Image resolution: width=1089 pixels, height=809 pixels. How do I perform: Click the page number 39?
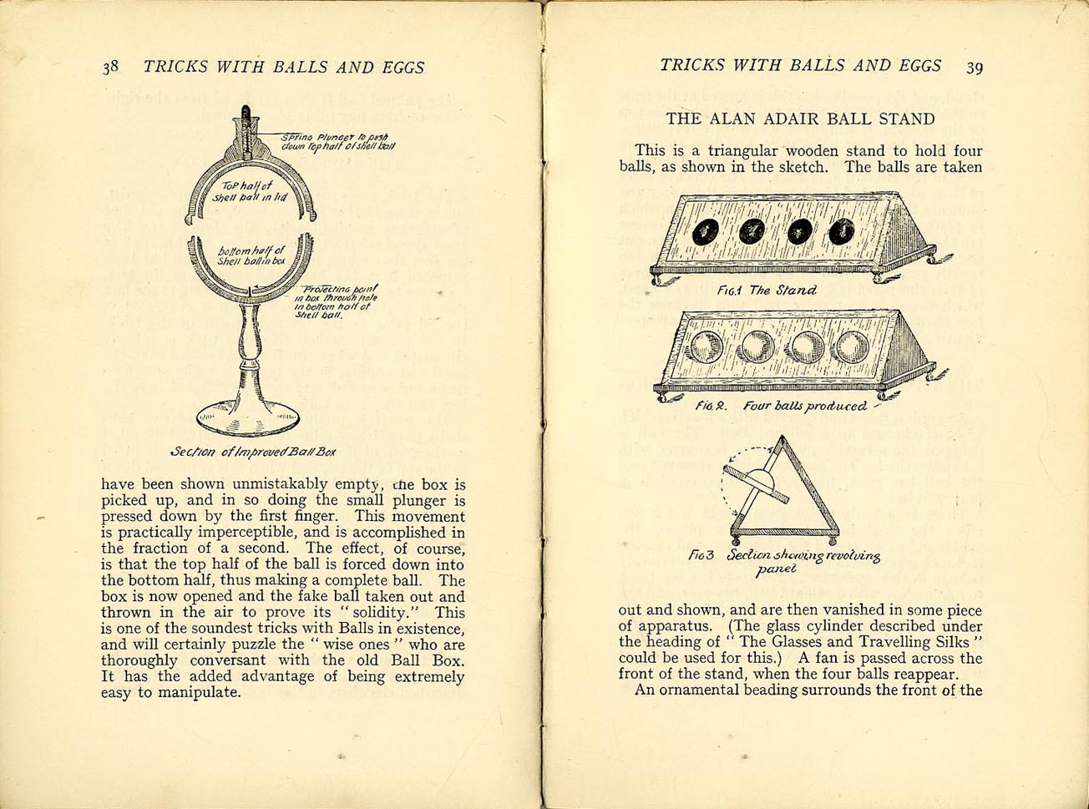pyautogui.click(x=974, y=68)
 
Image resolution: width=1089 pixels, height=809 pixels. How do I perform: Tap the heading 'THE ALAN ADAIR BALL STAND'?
pyautogui.click(x=800, y=119)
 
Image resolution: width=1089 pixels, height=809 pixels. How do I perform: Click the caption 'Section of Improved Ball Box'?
pyautogui.click(x=253, y=452)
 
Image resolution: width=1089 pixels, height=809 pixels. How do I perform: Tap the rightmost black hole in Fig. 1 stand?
pyautogui.click(x=841, y=231)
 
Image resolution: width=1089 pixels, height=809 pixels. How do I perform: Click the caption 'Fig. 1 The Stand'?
pyautogui.click(x=767, y=291)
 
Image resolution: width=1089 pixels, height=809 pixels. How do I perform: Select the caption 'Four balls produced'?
pyautogui.click(x=805, y=407)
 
